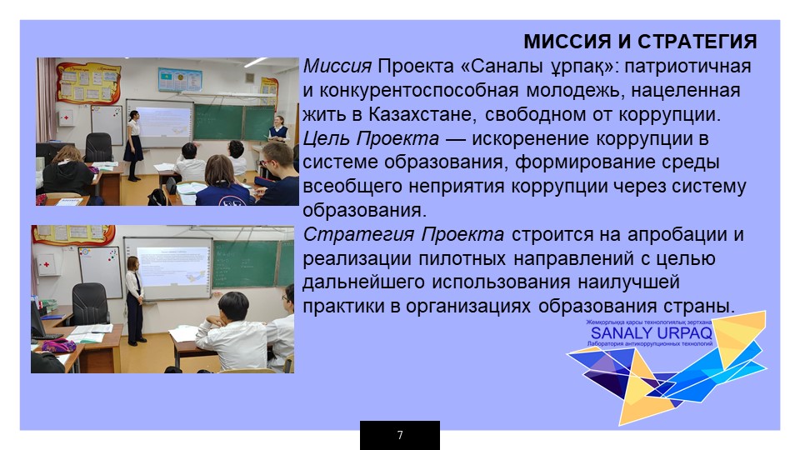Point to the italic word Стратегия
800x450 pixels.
tap(358, 235)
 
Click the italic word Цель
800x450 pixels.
tap(326, 139)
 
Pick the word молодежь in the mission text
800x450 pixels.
tap(574, 91)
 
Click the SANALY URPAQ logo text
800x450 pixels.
tap(651, 333)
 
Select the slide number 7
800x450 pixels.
tap(400, 435)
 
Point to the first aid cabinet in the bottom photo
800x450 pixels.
tap(47, 264)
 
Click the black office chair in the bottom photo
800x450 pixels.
tap(89, 305)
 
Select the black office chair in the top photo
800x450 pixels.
tap(98, 147)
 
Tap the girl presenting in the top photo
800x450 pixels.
tap(133, 145)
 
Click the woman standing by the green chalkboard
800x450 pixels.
tap(277, 129)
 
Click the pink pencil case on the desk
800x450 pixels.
tap(58, 345)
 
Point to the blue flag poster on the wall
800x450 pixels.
tap(180, 80)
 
